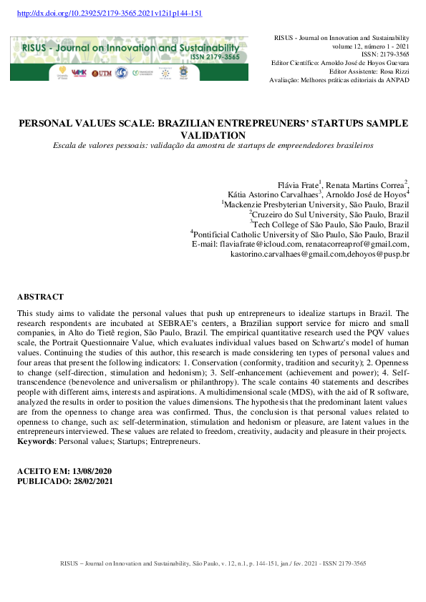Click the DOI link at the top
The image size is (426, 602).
pyautogui.click(x=108, y=14)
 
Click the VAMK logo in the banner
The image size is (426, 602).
pyautogui.click(x=79, y=73)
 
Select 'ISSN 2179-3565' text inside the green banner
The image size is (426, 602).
pyautogui.click(x=214, y=56)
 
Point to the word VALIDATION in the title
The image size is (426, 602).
pyautogui.click(x=213, y=134)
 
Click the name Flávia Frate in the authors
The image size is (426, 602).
pyautogui.click(x=297, y=184)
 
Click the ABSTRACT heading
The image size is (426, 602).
pyautogui.click(x=40, y=297)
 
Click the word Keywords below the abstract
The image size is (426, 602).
pyautogui.click(x=35, y=443)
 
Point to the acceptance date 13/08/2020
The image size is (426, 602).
pyautogui.click(x=92, y=472)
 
